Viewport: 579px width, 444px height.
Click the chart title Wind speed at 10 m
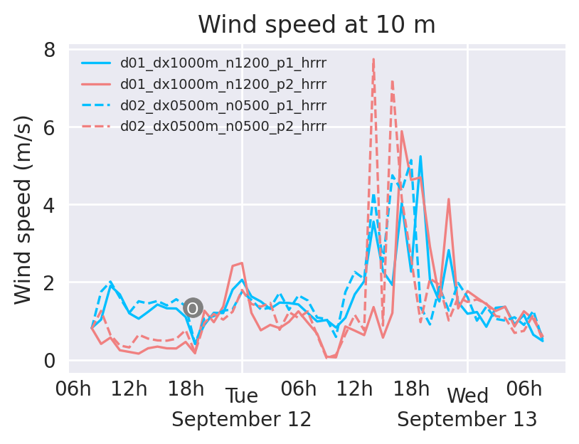(x=317, y=25)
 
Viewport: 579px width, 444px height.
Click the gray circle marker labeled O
(x=193, y=308)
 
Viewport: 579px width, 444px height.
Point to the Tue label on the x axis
(x=242, y=396)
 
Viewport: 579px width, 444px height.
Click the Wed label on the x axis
(x=467, y=396)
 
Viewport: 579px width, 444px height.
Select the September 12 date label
(x=242, y=419)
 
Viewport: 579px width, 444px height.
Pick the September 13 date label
(x=467, y=419)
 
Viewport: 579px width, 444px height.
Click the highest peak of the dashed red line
(x=373, y=59)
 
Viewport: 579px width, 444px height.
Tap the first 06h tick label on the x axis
(x=73, y=390)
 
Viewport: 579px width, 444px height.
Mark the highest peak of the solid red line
(x=402, y=131)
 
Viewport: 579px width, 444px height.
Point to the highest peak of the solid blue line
(x=420, y=156)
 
